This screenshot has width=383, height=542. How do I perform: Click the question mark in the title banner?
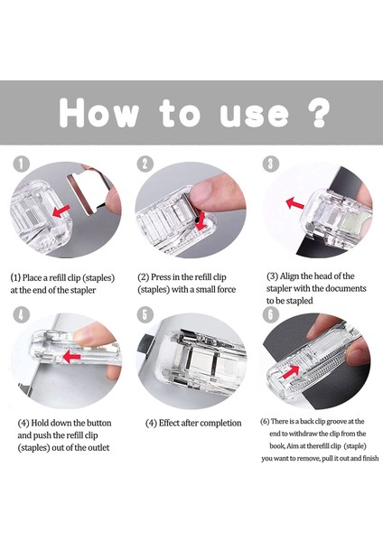point(320,113)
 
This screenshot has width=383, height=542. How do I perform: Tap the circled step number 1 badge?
point(21,164)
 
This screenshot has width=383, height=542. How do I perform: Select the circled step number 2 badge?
point(145,164)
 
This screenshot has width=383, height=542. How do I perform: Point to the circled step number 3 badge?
point(271,164)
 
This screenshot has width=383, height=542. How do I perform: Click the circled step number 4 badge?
point(21,314)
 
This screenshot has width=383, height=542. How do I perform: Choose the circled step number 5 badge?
point(145,314)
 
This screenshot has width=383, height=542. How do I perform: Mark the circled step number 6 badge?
point(271,314)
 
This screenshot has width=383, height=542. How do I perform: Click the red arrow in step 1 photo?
point(61,210)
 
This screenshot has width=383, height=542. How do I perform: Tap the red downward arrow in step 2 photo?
point(201,221)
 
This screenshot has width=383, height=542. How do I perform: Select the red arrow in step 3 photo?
point(294,203)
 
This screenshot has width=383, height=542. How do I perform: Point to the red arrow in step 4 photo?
point(71,357)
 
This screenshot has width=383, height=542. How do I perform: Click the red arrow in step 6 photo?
point(290,372)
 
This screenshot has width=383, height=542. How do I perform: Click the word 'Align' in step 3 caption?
point(289,276)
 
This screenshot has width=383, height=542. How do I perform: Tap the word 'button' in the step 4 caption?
point(98,423)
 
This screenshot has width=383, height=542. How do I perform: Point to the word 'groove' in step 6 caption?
point(338,421)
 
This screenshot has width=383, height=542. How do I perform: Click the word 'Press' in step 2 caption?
point(160,277)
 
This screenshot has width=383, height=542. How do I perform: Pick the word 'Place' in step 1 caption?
point(32,278)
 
